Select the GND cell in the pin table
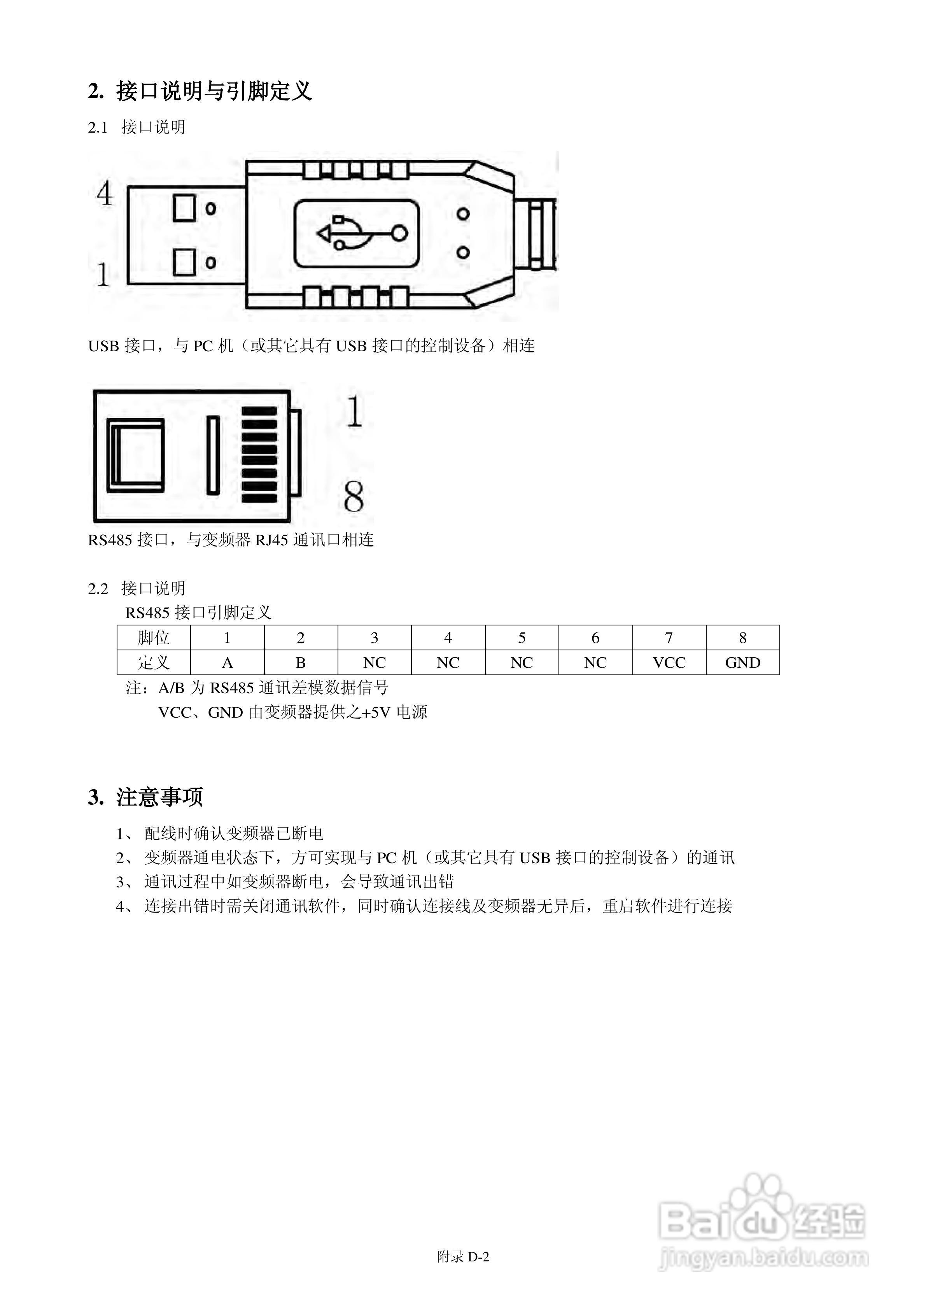pyautogui.click(x=742, y=662)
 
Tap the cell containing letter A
pyautogui.click(x=227, y=662)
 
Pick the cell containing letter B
pyautogui.click(x=301, y=662)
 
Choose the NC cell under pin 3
pyautogui.click(x=374, y=662)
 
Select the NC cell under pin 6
pyautogui.click(x=595, y=662)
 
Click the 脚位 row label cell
pyautogui.click(x=154, y=637)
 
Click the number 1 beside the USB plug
pyautogui.click(x=103, y=275)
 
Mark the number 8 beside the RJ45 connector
pyautogui.click(x=354, y=496)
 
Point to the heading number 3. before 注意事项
pyautogui.click(x=95, y=797)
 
